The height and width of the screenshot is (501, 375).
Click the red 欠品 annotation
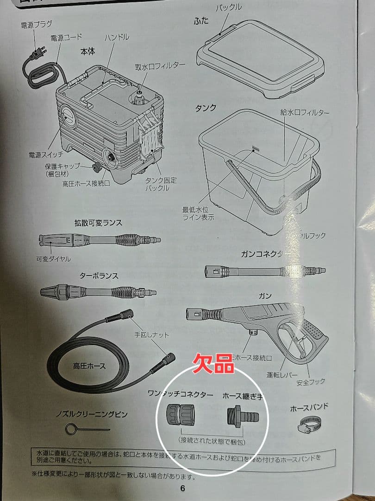(213, 363)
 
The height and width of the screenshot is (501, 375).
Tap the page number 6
(182, 488)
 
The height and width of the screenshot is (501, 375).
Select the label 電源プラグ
(37, 24)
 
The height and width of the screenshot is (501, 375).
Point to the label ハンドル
(117, 37)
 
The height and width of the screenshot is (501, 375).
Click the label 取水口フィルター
(160, 66)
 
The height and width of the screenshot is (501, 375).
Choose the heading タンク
(206, 108)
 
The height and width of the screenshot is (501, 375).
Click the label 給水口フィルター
(305, 113)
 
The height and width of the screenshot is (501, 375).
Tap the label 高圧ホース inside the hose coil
(89, 366)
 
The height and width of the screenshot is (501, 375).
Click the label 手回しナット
(152, 334)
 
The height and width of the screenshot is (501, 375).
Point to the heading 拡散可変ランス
(98, 223)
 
